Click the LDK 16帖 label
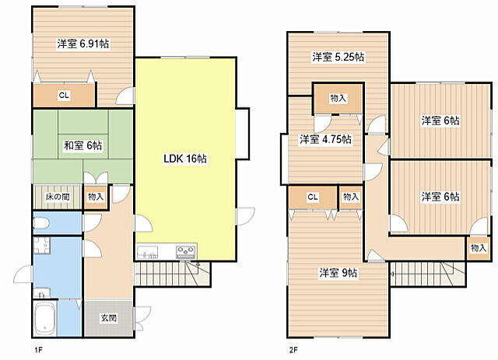pyautogui.click(x=185, y=159)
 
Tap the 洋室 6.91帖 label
pyautogui.click(x=83, y=44)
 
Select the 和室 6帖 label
pyautogui.click(x=83, y=145)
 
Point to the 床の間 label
pyautogui.click(x=58, y=197)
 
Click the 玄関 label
pyautogui.click(x=109, y=318)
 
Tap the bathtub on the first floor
pyautogui.click(x=45, y=318)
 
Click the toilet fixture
pyautogui.click(x=41, y=223)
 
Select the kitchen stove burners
pyautogui.click(x=186, y=252)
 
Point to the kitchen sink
pyautogui.click(x=147, y=252)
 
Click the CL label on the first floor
pyautogui.click(x=64, y=95)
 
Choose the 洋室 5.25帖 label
pyautogui.click(x=338, y=57)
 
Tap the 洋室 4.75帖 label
pyautogui.click(x=325, y=139)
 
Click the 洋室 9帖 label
pyautogui.click(x=338, y=273)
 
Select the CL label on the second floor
pyautogui.click(x=313, y=197)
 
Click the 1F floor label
pyautogui.click(x=38, y=350)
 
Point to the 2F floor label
pyautogui.click(x=293, y=350)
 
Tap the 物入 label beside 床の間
pyautogui.click(x=96, y=197)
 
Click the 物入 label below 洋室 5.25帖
pyautogui.click(x=338, y=98)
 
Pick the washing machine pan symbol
pyautogui.click(x=41, y=246)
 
